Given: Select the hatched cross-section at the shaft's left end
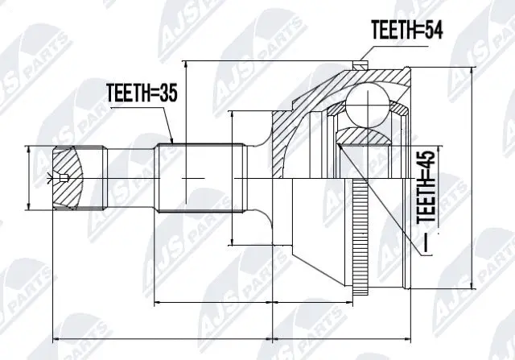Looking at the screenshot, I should click(x=68, y=177).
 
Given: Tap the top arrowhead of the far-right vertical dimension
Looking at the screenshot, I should click(x=473, y=66).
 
